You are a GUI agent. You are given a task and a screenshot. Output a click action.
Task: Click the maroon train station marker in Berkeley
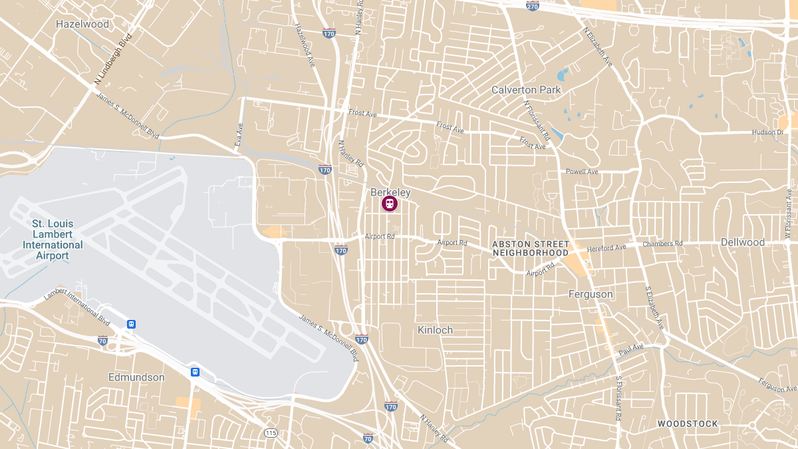pos(389,204)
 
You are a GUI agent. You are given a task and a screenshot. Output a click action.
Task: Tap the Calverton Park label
pos(526,90)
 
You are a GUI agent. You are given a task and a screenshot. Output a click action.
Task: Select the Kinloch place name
pos(435,330)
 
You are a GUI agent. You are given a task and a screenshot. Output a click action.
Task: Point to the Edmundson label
pos(136,377)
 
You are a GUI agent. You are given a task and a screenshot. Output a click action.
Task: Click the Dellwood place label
pos(743,242)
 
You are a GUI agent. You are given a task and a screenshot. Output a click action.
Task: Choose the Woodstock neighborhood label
pos(688,424)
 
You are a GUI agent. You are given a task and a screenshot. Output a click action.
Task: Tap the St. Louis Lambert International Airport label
pos(53,239)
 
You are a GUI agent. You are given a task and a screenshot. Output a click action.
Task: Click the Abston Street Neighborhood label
pos(530,248)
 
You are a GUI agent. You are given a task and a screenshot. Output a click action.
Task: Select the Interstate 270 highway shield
pos(532,6)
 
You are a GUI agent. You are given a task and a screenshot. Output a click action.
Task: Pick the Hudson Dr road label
pos(767,132)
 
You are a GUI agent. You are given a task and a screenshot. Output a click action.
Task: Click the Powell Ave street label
pos(582,172)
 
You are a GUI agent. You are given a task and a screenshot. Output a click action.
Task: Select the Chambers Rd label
pos(662,243)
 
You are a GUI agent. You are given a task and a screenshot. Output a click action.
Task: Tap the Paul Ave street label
pos(631,349)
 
